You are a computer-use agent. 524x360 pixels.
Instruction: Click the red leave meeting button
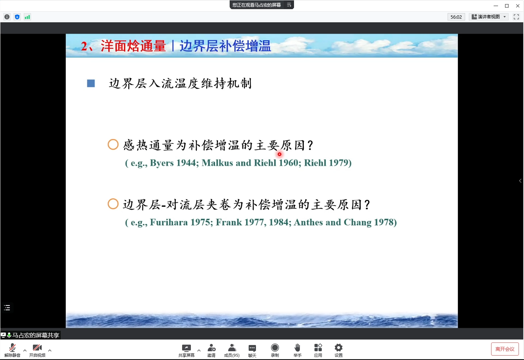[x=505, y=349]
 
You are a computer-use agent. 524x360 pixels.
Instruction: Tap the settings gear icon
[x=338, y=347]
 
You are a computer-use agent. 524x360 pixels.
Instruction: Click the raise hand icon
[x=297, y=347]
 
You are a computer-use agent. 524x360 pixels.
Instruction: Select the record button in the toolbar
[x=275, y=347]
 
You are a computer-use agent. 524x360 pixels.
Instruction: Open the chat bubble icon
[x=252, y=348]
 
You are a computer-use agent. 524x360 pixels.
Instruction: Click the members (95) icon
[x=232, y=347]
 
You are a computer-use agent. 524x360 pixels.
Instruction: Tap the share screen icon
[x=186, y=348]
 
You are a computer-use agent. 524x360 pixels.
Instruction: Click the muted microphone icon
[x=12, y=347]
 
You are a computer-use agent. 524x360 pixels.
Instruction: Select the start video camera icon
[x=37, y=347]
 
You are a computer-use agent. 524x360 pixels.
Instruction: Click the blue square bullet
[x=91, y=83]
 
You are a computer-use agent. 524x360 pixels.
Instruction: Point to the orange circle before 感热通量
[x=113, y=144]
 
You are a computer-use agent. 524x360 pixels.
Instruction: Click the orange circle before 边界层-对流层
[x=113, y=204]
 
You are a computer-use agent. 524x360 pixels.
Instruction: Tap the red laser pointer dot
[x=279, y=154]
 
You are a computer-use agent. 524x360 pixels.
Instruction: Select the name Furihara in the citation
[x=169, y=222]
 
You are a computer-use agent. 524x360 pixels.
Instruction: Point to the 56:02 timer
[x=456, y=17]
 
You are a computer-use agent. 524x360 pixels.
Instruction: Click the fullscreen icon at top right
[x=516, y=17]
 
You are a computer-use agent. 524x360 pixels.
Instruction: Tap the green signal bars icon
[x=27, y=17]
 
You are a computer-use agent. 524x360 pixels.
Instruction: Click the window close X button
[x=518, y=6]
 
